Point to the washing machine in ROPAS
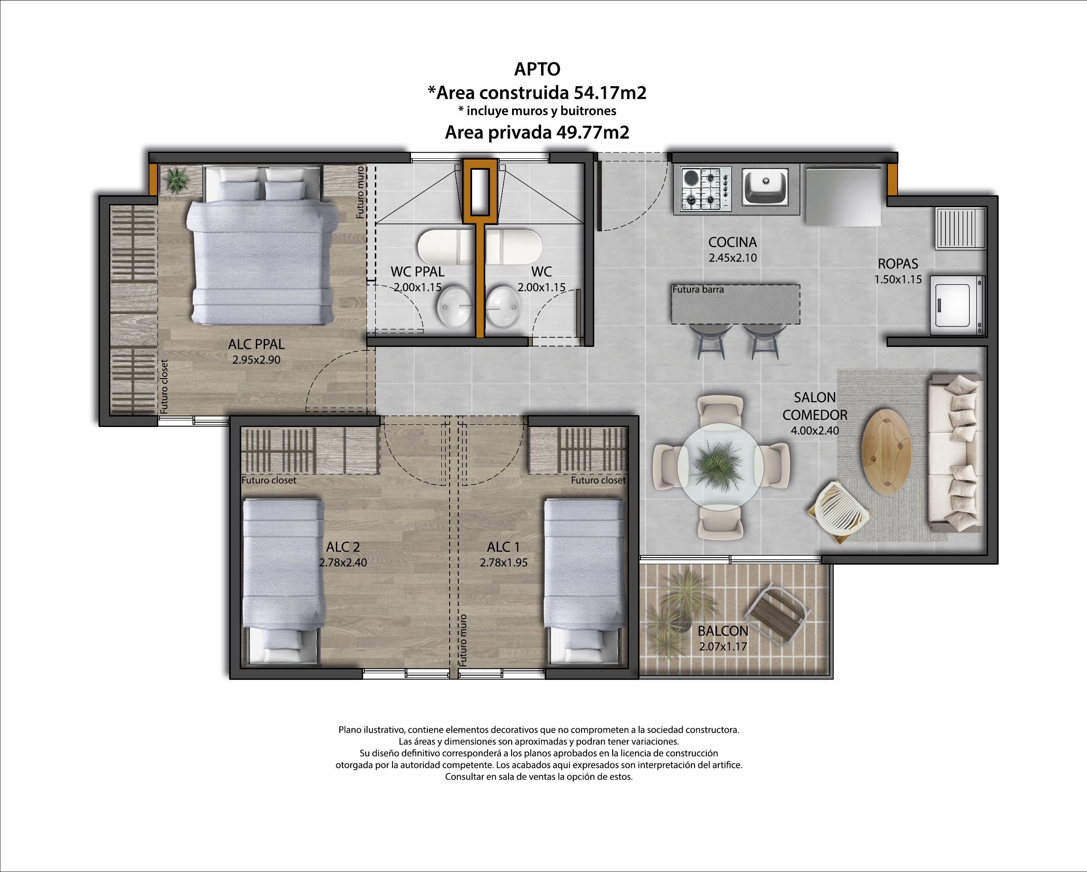(x=956, y=305)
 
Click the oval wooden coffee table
(x=886, y=451)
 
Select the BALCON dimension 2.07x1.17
(x=723, y=646)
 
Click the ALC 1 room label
(x=503, y=547)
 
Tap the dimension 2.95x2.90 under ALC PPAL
(x=256, y=360)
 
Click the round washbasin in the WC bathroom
(x=503, y=306)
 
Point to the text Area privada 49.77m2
(x=537, y=132)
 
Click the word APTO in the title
(x=537, y=69)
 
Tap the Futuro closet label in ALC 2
(x=269, y=481)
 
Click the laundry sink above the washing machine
(x=961, y=229)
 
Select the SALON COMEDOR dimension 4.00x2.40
(x=815, y=431)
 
